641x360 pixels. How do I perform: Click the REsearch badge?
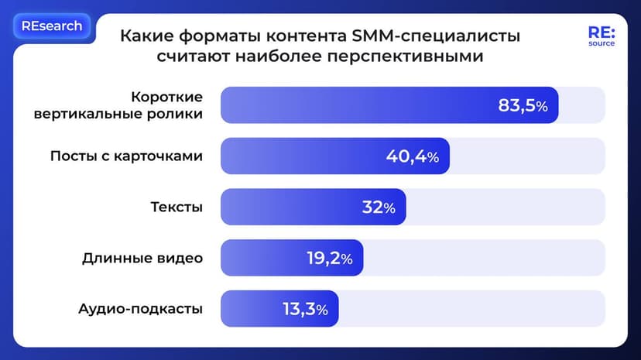tap(52, 26)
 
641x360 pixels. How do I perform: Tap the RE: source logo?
tap(601, 36)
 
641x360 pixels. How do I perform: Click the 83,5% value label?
tap(523, 106)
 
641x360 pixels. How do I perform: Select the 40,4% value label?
tap(412, 156)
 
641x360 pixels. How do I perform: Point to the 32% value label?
tap(379, 207)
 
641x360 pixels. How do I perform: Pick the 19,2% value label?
tap(329, 259)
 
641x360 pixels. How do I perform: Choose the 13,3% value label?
tap(305, 309)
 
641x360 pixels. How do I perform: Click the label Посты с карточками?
tap(126, 156)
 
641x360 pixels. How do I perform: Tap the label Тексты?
tap(177, 207)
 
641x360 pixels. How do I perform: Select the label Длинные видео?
tap(142, 258)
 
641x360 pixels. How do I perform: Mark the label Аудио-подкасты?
tap(140, 309)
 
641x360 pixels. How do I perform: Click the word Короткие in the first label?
tap(166, 97)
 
